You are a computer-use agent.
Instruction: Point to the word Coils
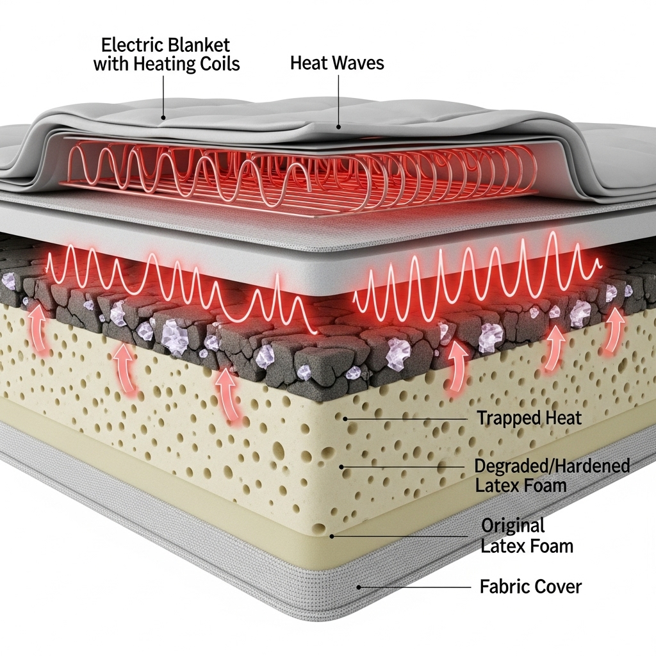point(218,65)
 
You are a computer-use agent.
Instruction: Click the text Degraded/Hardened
point(552,466)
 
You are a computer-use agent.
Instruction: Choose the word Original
point(512,527)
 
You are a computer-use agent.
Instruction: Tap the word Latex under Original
point(502,546)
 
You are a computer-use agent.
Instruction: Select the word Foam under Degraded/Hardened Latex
point(543,485)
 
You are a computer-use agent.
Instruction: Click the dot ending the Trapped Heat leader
point(345,418)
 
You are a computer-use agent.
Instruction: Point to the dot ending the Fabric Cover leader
point(359,586)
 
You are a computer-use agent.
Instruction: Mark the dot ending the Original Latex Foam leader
point(331,536)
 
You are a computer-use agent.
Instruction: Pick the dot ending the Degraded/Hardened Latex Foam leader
point(341,466)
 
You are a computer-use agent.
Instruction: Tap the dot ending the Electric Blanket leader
point(163,118)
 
